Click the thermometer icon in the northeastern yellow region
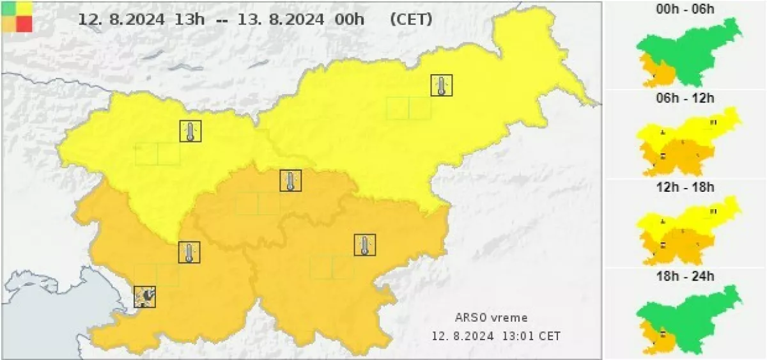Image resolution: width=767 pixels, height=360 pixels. coord(441,85)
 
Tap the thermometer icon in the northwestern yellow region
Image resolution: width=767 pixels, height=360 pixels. coord(190,131)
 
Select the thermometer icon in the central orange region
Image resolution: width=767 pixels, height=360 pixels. coord(290,180)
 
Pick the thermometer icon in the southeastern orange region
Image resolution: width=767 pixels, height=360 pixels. coord(364,245)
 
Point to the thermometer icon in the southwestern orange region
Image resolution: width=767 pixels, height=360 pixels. coord(189,252)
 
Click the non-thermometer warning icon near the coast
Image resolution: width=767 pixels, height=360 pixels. coord(144,296)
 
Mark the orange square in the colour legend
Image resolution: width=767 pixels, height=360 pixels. coord(10,24)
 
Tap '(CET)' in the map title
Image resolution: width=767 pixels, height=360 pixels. coord(410,19)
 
